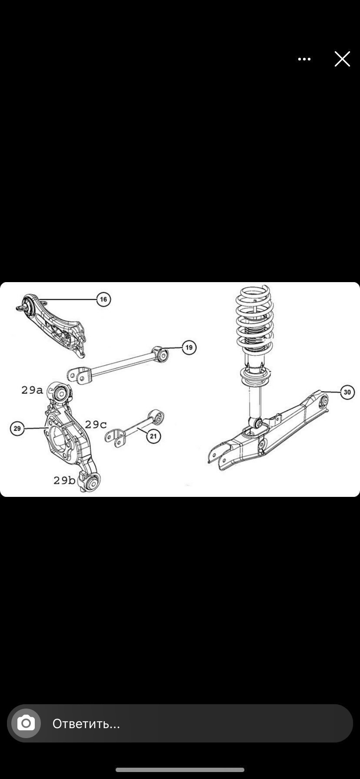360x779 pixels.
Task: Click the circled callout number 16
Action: [103, 299]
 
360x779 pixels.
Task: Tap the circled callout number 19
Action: [189, 347]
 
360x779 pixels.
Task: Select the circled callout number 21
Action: [153, 436]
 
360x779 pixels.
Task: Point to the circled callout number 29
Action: [17, 429]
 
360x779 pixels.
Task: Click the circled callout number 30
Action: [347, 393]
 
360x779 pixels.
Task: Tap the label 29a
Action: [32, 390]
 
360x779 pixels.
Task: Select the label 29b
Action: [64, 480]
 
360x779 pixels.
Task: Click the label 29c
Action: [96, 424]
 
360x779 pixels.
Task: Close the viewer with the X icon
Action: [342, 59]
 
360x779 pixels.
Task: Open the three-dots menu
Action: [304, 59]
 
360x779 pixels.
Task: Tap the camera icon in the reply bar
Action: [26, 723]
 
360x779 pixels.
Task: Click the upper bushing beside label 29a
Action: [60, 393]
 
